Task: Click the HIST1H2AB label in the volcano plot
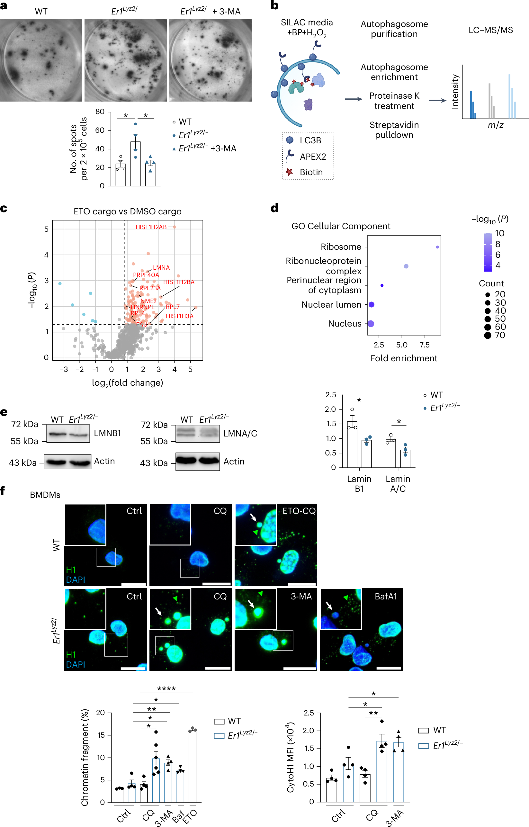151,227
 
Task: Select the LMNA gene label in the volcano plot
161,267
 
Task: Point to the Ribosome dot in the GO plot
437,247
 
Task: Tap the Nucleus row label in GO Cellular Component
345,324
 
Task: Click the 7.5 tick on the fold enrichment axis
425,345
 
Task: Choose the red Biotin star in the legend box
289,172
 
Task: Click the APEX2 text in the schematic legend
313,157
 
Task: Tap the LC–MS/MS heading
490,30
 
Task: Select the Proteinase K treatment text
394,101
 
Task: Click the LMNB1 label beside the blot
108,433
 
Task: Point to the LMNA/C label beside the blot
240,433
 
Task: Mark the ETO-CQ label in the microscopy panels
299,511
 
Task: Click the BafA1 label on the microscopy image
385,596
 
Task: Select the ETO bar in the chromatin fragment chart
193,766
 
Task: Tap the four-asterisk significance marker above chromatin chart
166,688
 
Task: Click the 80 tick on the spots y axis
100,112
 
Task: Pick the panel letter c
4,209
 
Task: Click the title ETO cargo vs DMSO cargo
128,211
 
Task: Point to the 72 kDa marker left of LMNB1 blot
24,424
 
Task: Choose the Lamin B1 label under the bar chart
359,483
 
